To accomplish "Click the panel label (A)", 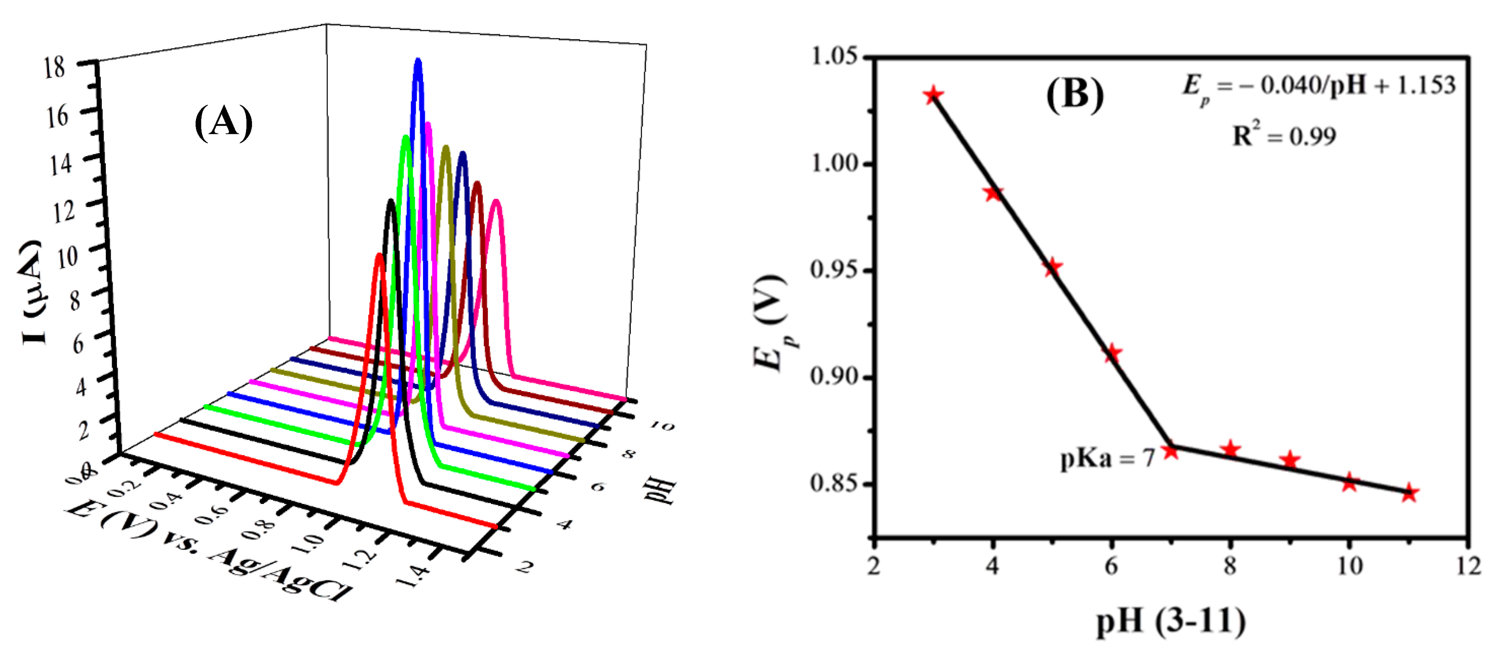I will coord(223,123).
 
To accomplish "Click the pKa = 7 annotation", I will coord(1108,458).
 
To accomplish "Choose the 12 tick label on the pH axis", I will coord(1468,566).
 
